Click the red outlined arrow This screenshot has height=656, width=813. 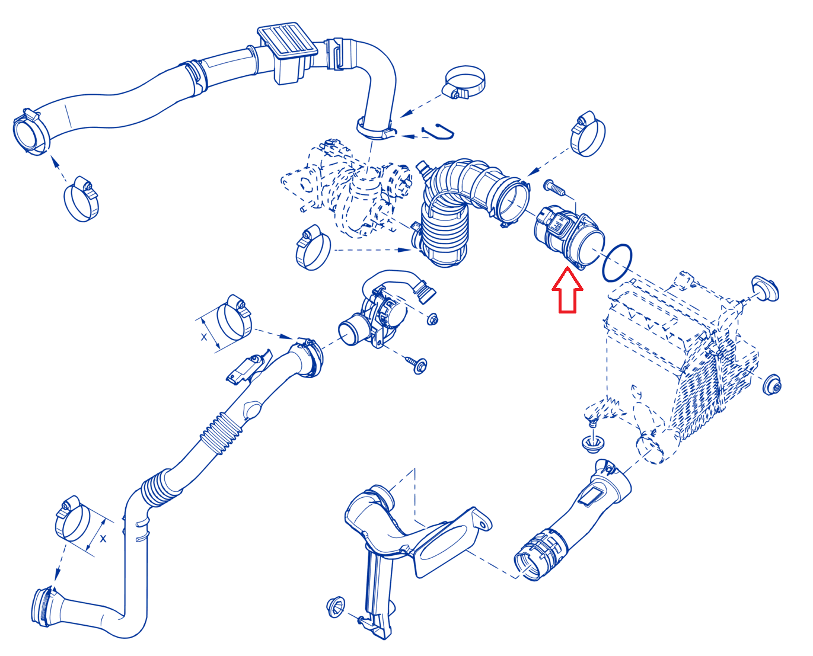coord(567,290)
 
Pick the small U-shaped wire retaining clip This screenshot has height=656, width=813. coord(439,132)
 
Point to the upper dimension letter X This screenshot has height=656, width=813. coord(204,337)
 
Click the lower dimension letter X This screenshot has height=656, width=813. coord(103,539)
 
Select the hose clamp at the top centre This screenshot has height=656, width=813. coord(464,82)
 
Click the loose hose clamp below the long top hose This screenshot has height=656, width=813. coord(81,199)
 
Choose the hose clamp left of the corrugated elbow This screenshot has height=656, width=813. coord(313,248)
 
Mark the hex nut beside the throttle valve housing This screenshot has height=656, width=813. coord(432,319)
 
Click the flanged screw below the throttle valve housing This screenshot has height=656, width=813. coord(417,365)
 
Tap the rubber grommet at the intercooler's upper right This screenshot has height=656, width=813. coord(765,289)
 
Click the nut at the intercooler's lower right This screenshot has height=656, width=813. coord(771,385)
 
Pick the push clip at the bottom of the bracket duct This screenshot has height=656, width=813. coord(336,607)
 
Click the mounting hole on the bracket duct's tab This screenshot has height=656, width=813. coord(483,526)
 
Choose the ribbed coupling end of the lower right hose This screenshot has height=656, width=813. coord(538,555)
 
